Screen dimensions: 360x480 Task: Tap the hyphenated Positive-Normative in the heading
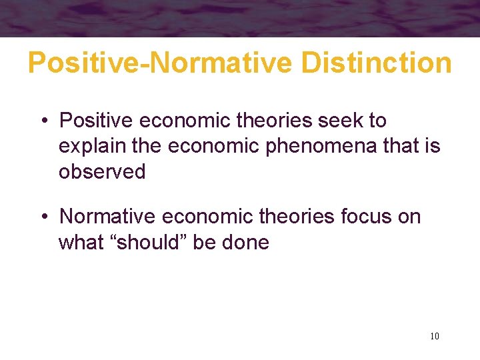161,63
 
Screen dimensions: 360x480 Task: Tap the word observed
102,171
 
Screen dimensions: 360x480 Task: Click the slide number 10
435,336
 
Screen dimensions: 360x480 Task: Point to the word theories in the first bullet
267,121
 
